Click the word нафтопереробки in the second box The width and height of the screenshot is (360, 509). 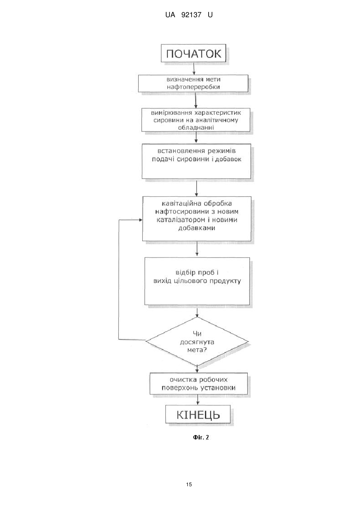[193, 87]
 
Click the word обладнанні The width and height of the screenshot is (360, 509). [196, 128]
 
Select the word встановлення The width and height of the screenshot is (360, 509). [181, 151]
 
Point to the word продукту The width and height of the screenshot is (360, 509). [225, 281]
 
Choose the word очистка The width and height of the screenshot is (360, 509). [183, 380]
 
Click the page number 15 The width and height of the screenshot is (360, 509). [189, 485]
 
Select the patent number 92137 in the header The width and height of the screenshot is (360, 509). [191, 15]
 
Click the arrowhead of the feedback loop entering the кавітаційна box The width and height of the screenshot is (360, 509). [141, 220]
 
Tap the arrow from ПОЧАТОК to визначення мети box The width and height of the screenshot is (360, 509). [194, 68]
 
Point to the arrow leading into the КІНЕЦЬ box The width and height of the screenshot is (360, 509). [198, 400]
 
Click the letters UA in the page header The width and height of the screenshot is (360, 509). [170, 15]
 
